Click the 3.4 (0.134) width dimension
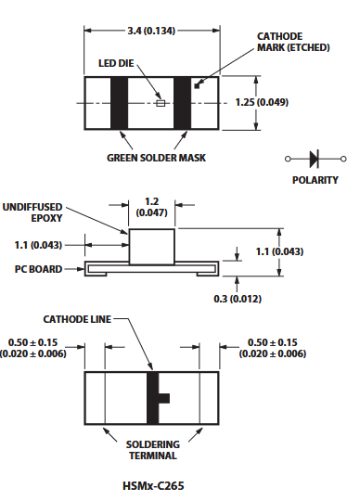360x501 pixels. click(x=151, y=31)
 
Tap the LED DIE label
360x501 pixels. click(x=116, y=63)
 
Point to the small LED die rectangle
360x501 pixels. click(x=161, y=103)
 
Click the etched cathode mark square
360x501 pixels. click(x=197, y=86)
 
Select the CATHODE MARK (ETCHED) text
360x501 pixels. click(x=293, y=42)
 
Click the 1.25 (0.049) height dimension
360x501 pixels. click(x=262, y=102)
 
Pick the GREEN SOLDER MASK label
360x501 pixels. click(x=156, y=158)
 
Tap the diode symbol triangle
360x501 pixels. click(x=314, y=159)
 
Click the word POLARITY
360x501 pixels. click(x=315, y=180)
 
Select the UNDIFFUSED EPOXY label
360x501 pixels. click(x=32, y=212)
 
